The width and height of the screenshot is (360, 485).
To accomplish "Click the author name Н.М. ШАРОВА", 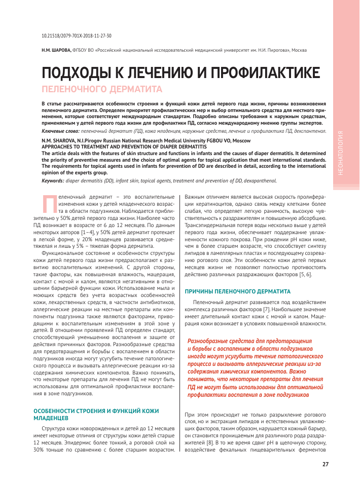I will click(x=56, y=50).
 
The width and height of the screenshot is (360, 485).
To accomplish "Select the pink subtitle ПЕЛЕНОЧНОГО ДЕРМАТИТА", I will click(x=101, y=90).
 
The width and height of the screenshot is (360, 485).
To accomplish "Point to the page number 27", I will click(x=325, y=464).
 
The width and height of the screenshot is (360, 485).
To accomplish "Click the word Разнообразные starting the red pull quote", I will click(x=208, y=342).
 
